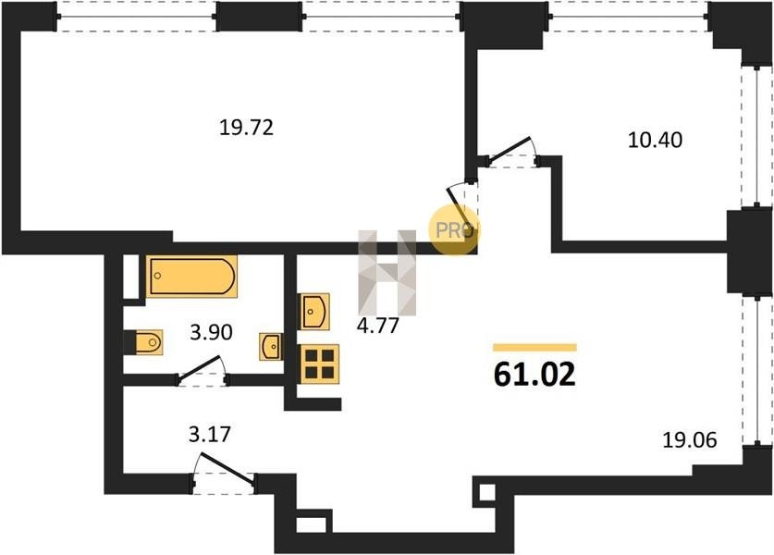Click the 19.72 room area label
pos(246,128)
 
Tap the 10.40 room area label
pos(655,140)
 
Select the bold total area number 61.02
pos(534,375)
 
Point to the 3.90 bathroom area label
pos(211,332)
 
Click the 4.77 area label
pos(377,326)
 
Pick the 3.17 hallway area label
pos(210,435)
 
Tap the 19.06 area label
pos(689,439)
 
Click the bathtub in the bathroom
pos(191,277)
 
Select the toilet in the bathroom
pos(148,342)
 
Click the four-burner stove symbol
pos(320,364)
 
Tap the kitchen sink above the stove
pos(313,312)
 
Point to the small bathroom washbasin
pos(271,347)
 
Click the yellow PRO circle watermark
pos(454,230)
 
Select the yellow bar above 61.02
pos(534,348)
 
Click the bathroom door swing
pos(203,369)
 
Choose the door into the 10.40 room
pos(510,152)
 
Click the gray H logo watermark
pos(387,273)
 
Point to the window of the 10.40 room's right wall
pos(757,135)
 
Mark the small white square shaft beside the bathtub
pos(130,277)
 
